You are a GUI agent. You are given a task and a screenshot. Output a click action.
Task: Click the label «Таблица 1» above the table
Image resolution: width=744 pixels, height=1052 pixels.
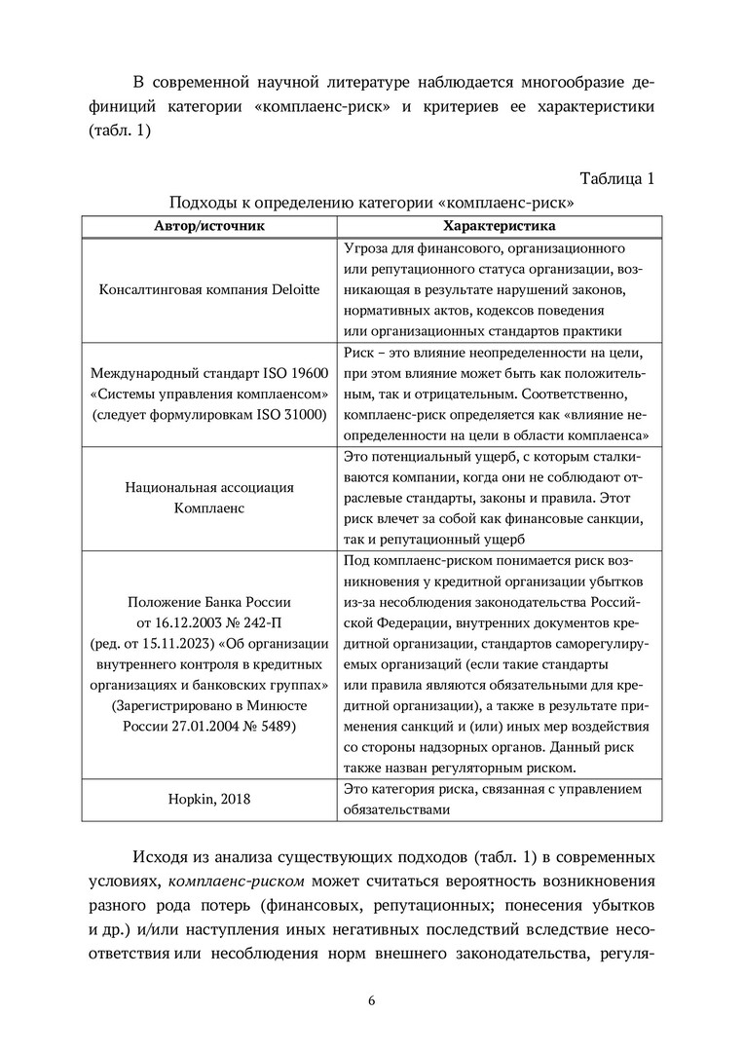tap(617, 178)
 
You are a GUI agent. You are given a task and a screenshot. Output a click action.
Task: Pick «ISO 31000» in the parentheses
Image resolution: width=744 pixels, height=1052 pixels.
tap(283, 414)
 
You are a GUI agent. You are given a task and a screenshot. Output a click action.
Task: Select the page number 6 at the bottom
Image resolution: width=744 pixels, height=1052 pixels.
tap(371, 1000)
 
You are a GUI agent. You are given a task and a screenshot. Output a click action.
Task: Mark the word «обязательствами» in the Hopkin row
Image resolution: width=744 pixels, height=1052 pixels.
tap(398, 808)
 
